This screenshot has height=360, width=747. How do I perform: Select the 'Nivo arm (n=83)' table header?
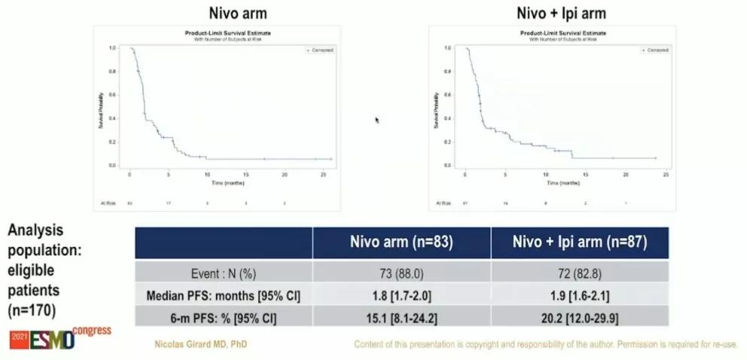tap(401, 243)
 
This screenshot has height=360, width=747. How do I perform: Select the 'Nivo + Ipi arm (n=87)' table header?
tap(580, 243)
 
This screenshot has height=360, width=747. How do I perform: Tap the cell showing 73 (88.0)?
tap(401, 273)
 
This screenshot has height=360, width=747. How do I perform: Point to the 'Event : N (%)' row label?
tap(224, 273)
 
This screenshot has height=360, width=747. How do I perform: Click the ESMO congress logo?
tap(60, 338)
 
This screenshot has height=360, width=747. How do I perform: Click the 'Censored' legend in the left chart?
tap(320, 50)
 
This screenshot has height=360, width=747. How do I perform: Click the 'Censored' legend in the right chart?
tap(655, 50)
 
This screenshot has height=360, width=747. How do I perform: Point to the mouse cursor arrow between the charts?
tap(377, 119)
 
